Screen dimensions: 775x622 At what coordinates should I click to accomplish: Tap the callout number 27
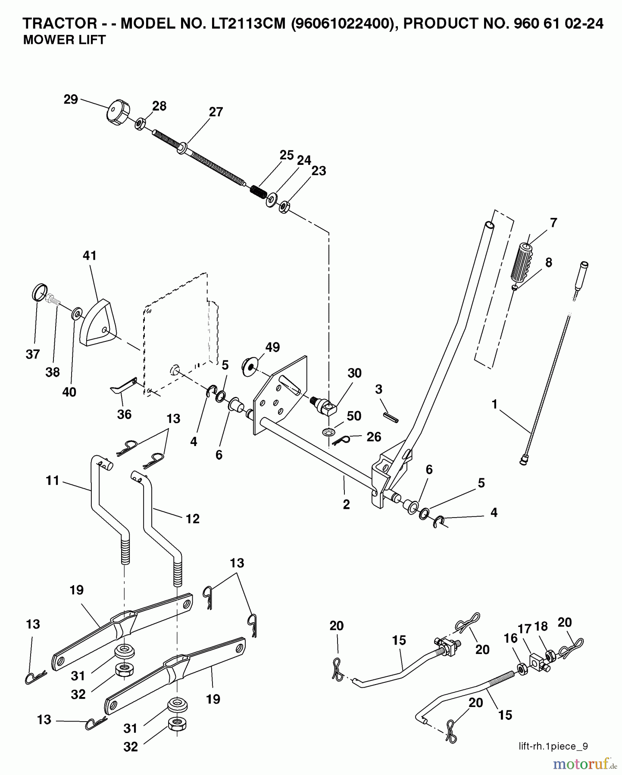click(216, 112)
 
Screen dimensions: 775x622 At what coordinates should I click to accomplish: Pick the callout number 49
click(272, 347)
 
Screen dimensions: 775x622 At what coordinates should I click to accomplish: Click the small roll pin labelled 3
click(391, 417)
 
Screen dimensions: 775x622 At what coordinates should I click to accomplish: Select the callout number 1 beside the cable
click(494, 404)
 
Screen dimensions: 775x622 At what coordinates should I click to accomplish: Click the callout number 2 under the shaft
click(346, 505)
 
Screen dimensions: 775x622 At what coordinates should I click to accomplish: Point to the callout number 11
click(53, 480)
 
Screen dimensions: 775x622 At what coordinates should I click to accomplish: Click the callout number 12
click(193, 519)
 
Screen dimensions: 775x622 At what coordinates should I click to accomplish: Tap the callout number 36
click(124, 414)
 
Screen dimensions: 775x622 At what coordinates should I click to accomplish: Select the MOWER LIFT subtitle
click(64, 40)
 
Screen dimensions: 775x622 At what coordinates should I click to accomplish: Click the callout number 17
click(525, 629)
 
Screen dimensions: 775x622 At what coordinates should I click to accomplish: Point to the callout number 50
click(354, 416)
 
